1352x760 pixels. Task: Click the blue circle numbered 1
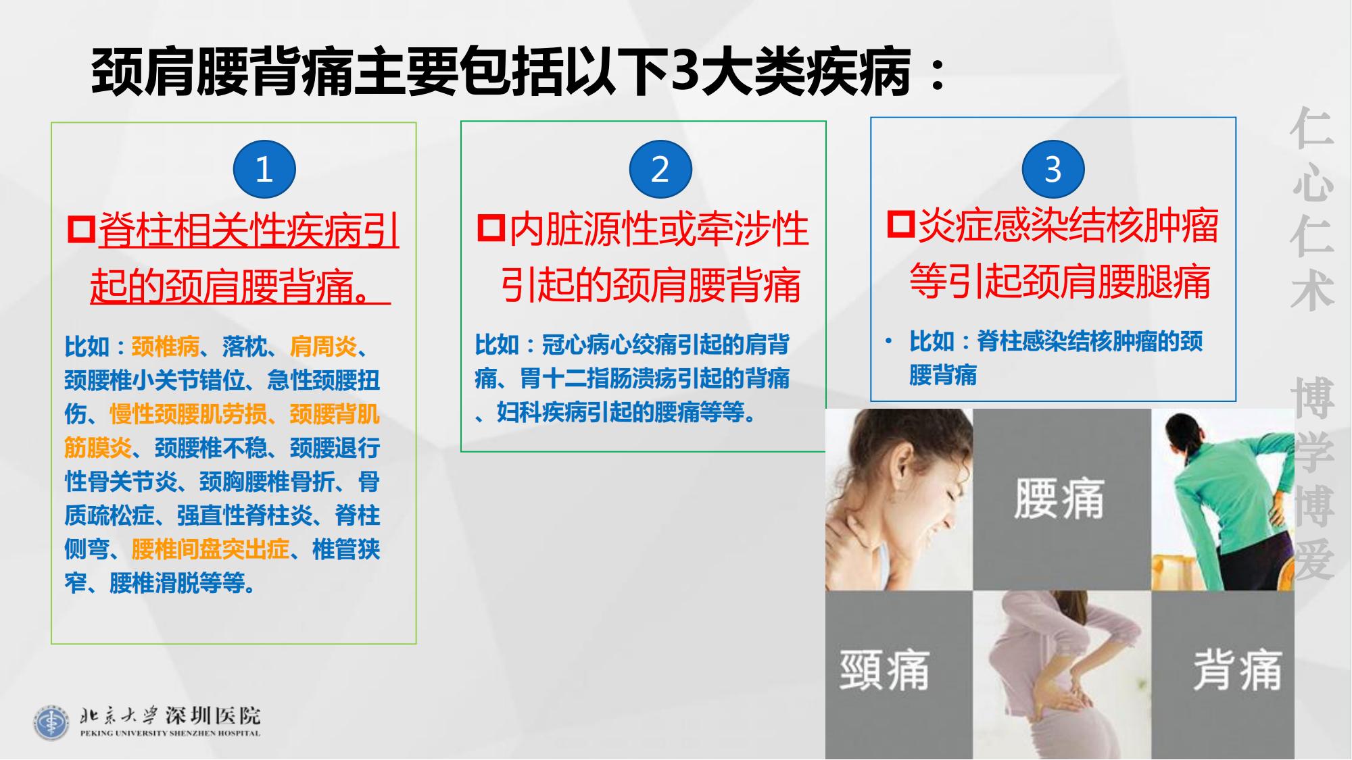click(264, 169)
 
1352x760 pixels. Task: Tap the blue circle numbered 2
click(660, 169)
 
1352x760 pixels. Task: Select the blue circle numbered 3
click(1053, 169)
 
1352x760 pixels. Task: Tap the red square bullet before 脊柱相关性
click(82, 229)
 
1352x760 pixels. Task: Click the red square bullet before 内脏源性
click(491, 227)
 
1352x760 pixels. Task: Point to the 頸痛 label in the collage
click(884, 669)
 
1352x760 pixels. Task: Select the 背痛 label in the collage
click(1237, 669)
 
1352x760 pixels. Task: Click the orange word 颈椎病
click(165, 347)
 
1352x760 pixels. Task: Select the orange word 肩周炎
click(323, 347)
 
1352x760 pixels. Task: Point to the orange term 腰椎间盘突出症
click(210, 550)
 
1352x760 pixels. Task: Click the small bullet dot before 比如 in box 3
click(888, 341)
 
